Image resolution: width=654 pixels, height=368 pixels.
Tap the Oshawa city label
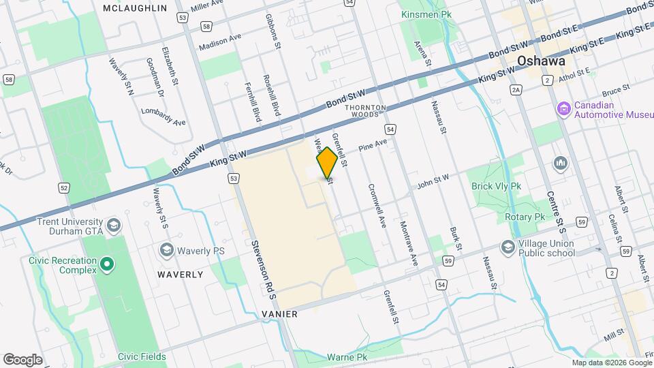(542, 61)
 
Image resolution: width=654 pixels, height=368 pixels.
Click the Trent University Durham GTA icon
(114, 224)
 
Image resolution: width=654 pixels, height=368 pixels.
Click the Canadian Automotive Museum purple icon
(563, 109)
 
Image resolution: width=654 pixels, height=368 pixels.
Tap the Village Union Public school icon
(508, 247)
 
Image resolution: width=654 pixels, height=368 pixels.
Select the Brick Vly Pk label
(496, 185)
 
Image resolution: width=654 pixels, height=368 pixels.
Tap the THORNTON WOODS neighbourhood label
(366, 111)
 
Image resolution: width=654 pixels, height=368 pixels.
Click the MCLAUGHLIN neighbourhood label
(134, 8)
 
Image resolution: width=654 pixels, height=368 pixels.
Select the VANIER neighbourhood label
(279, 313)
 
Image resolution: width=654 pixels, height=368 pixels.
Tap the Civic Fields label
(142, 356)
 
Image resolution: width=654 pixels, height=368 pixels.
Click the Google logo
(22, 359)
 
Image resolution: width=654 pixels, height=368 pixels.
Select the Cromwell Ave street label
(377, 205)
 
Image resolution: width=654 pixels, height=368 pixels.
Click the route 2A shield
(516, 89)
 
